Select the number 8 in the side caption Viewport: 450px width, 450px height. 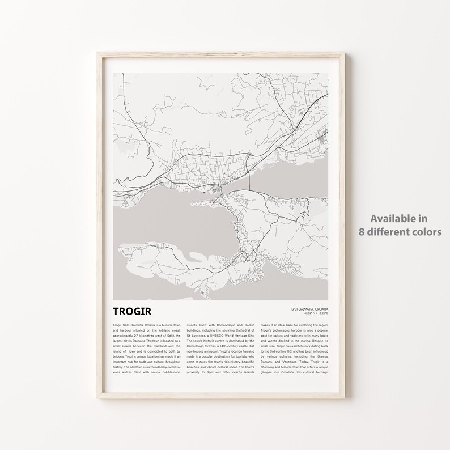coord(361,231)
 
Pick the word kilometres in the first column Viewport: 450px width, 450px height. coord(148,336)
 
